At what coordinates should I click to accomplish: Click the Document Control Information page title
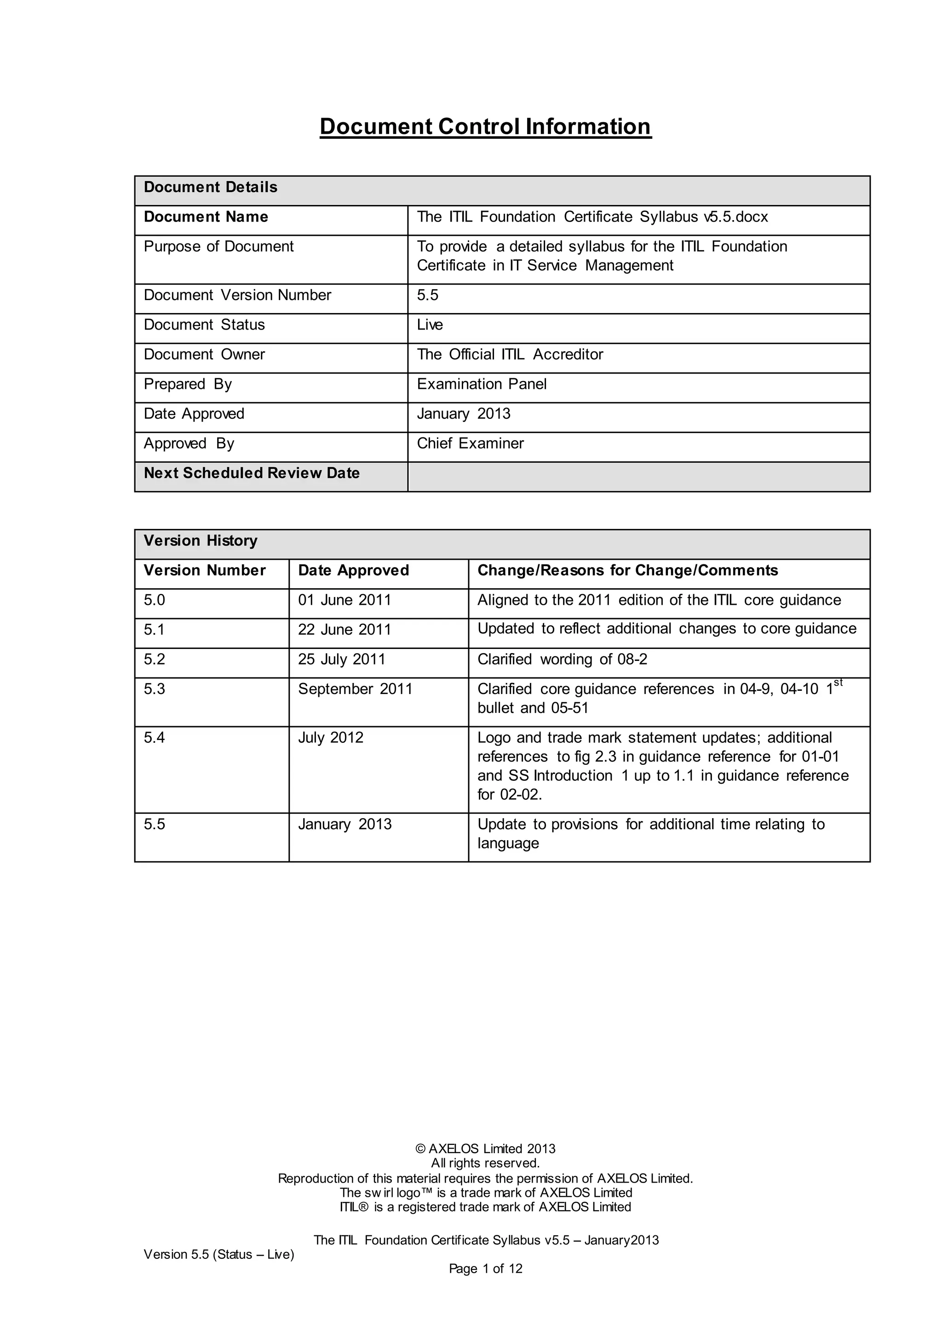click(486, 126)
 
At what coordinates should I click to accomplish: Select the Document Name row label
click(206, 217)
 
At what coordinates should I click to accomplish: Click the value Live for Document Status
click(430, 324)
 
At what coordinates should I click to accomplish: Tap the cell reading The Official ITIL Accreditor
click(510, 354)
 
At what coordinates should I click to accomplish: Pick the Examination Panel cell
click(482, 384)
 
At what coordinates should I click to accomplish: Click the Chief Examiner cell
click(470, 444)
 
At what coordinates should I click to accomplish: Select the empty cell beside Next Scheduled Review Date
click(638, 477)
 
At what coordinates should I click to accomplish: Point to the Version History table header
click(200, 541)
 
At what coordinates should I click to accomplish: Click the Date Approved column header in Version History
click(353, 570)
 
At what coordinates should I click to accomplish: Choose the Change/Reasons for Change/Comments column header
click(627, 570)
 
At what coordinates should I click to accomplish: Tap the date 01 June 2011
click(345, 600)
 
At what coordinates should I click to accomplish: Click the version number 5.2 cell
click(154, 659)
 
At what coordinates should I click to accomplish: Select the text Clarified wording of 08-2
click(562, 659)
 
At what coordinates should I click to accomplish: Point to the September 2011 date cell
click(355, 688)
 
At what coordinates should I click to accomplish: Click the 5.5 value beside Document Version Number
click(427, 295)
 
